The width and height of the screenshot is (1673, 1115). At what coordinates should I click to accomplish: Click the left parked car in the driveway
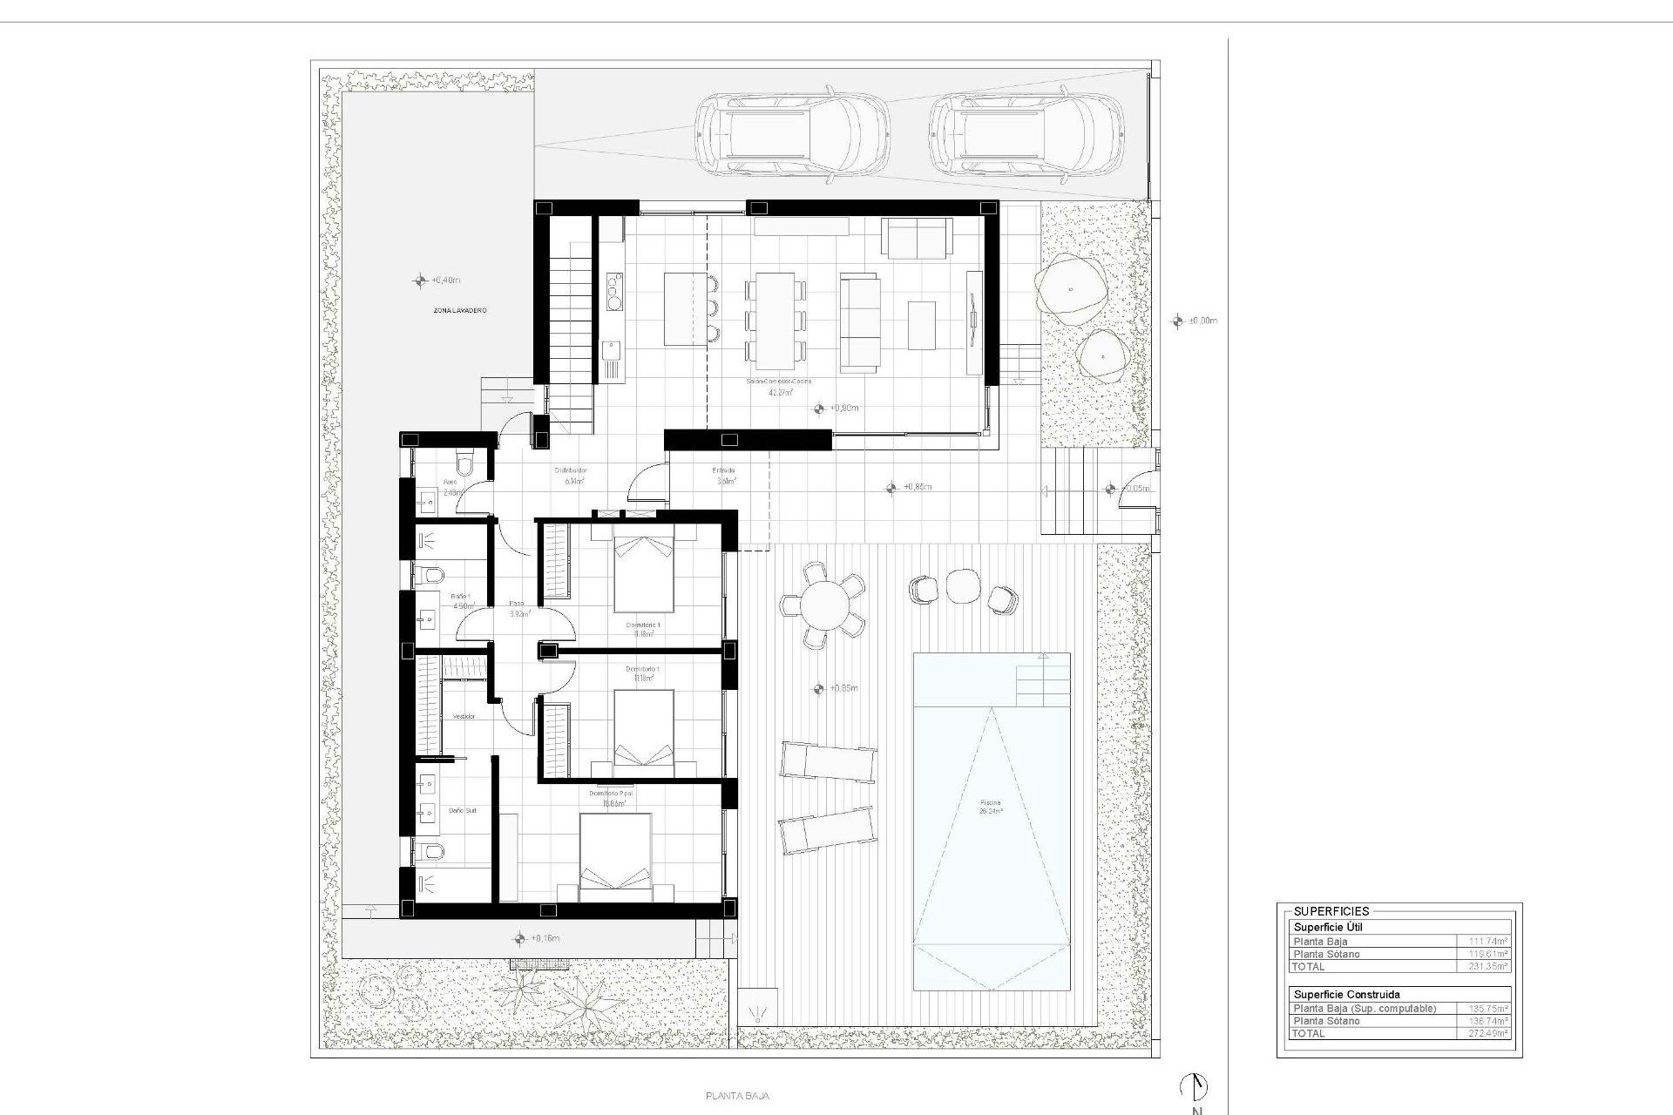coord(791,135)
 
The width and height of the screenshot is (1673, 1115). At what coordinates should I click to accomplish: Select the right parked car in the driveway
coord(1025,135)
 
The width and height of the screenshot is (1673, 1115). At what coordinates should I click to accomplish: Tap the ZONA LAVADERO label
coord(460,310)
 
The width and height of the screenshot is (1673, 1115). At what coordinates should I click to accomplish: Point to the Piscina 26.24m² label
coord(990,807)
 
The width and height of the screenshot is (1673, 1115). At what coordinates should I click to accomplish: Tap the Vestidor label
coord(464,716)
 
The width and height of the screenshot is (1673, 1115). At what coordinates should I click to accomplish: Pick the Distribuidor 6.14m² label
coord(571,476)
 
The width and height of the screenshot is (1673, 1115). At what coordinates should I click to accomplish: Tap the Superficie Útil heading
coord(1327,928)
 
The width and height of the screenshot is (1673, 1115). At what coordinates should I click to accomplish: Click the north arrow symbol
coord(1194,1086)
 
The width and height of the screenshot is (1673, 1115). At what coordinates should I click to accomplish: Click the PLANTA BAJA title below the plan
coord(737,1096)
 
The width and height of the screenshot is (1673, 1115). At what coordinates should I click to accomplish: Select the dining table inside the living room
coord(775,321)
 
